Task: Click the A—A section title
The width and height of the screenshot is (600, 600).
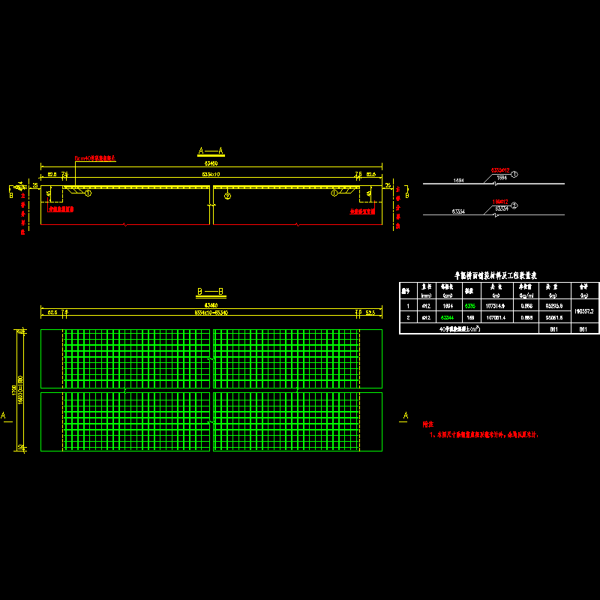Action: pos(211,150)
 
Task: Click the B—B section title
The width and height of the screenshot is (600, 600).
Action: pos(211,291)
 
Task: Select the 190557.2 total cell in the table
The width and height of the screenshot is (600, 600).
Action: pos(583,311)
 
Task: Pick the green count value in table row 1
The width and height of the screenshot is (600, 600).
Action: pos(470,306)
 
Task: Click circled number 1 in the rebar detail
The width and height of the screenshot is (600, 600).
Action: pos(514,175)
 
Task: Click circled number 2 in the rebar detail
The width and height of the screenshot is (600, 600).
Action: pos(514,205)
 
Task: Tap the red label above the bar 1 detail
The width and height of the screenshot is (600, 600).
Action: pos(499,170)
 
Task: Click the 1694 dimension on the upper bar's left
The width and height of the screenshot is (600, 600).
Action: pos(459,181)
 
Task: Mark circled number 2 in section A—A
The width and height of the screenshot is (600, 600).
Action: pos(227,195)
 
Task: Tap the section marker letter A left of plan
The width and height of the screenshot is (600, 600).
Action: pos(4,415)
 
